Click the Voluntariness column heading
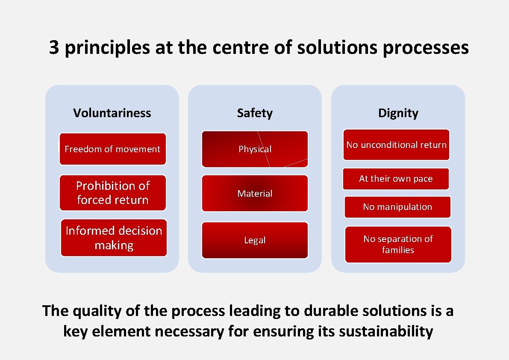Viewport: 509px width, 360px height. pos(112,113)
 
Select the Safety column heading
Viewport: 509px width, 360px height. pos(255,113)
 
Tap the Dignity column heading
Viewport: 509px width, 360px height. pos(398,113)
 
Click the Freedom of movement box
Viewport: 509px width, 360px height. pos(112,149)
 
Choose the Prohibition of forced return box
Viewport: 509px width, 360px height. pos(112,193)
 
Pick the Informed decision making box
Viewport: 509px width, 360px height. pos(114,238)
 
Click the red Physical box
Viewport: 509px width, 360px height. pos(255,149)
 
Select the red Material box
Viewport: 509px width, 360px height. pos(255,193)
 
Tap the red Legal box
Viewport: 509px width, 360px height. pos(255,240)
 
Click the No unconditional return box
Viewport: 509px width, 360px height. pos(396,145)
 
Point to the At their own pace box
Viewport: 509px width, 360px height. pos(396,179)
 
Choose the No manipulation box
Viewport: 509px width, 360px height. pos(397,207)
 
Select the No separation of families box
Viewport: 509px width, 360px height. pos(398,244)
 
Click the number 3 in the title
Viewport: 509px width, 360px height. pos(54,48)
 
